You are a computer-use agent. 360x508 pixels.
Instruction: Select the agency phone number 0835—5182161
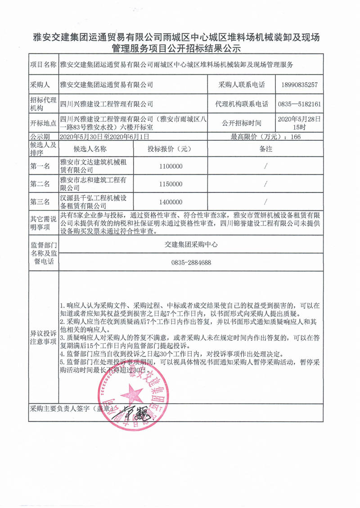[x=300, y=104]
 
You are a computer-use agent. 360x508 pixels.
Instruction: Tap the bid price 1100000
[x=171, y=166]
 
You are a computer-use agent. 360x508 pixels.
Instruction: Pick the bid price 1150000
[x=171, y=184]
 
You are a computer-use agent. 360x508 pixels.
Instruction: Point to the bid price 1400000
[x=171, y=202]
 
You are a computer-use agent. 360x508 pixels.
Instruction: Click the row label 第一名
[x=40, y=166]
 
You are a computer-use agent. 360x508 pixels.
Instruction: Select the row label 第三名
[x=40, y=202]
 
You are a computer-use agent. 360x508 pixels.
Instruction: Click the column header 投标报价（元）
[x=171, y=149]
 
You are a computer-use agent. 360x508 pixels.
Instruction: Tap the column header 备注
[x=266, y=149]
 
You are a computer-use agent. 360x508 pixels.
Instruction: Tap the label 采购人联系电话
[x=242, y=85]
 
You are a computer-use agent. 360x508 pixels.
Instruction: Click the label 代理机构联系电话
[x=242, y=104]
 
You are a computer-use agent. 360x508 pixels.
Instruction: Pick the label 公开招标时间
[x=242, y=122]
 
